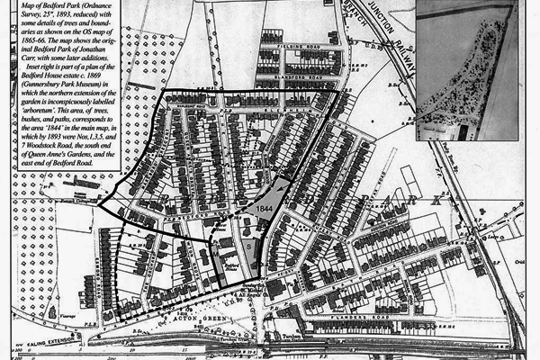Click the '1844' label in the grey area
[264, 207]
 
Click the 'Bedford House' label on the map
[232, 268]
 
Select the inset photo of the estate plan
[467, 69]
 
